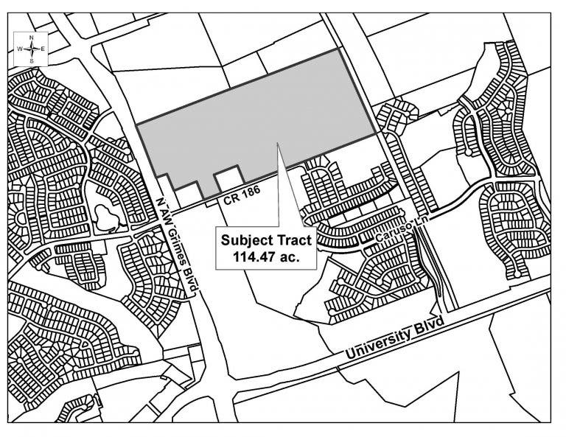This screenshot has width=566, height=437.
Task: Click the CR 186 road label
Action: pyautogui.click(x=242, y=195)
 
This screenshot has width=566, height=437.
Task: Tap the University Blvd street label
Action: pyautogui.click(x=394, y=338)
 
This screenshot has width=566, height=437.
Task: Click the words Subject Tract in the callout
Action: pyautogui.click(x=266, y=240)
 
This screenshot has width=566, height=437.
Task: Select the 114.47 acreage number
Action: pyautogui.click(x=255, y=257)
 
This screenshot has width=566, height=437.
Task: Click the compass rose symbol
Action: pyautogui.click(x=32, y=49)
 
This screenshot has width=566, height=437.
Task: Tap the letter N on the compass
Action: pyautogui.click(x=32, y=37)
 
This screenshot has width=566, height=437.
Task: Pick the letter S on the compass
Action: pyautogui.click(x=32, y=60)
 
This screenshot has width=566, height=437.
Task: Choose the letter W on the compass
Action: pyautogui.click(x=19, y=49)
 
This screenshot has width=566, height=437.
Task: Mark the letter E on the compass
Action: pyautogui.click(x=43, y=49)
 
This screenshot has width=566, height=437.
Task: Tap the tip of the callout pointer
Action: pyautogui.click(x=277, y=143)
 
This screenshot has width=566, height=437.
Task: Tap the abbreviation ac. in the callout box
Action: pyautogui.click(x=290, y=257)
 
